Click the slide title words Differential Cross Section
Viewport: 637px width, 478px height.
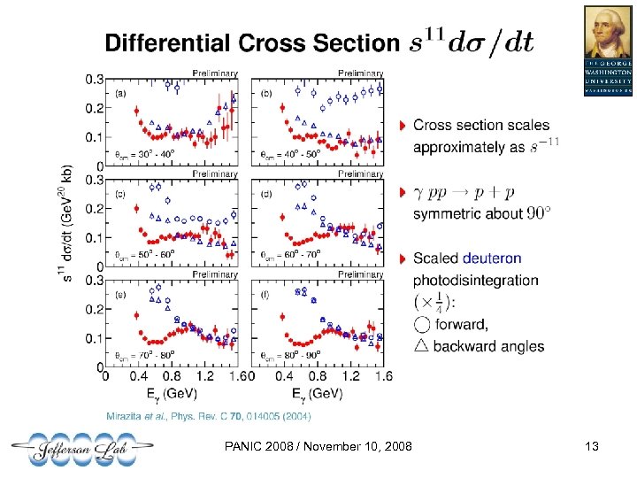(252, 43)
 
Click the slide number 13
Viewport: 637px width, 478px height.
(593, 450)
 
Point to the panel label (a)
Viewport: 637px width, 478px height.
(120, 91)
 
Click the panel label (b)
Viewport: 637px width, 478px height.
(265, 91)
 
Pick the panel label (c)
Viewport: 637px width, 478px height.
(120, 193)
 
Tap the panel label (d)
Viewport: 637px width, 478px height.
(265, 193)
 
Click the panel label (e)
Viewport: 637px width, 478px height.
(120, 294)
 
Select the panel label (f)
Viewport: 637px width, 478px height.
(265, 294)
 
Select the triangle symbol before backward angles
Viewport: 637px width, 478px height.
(420, 345)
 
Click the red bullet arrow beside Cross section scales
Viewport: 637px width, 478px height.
(403, 126)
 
